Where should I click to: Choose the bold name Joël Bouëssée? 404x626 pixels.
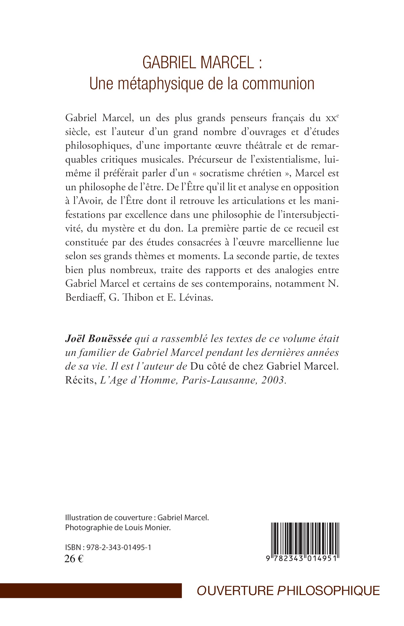point(98,339)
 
